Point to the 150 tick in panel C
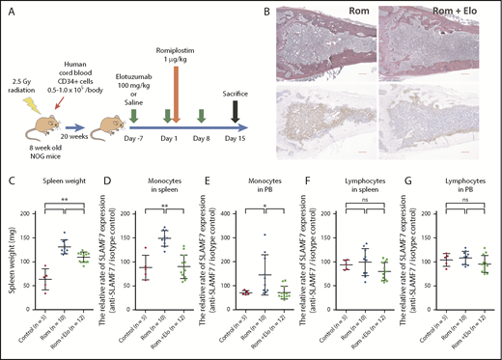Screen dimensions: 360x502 [x=35, y=231]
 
